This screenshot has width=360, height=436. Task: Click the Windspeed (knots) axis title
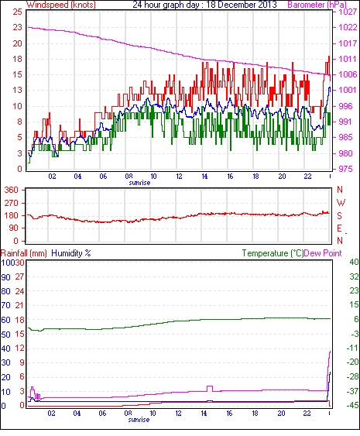(61, 5)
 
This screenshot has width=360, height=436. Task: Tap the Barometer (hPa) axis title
(317, 5)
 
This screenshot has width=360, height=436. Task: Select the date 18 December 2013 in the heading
(242, 5)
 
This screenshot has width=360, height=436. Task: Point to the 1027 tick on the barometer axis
(348, 12)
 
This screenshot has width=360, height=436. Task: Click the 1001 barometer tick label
(348, 90)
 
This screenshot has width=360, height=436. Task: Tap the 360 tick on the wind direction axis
(12, 191)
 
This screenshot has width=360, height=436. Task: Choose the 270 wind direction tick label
(12, 203)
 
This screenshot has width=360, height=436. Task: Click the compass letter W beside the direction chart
(341, 203)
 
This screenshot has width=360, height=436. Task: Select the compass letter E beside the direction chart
(339, 228)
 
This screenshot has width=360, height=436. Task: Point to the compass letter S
(339, 215)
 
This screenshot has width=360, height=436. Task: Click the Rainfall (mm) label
(24, 253)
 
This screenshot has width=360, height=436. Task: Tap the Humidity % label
(71, 253)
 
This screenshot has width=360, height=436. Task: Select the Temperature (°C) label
(273, 253)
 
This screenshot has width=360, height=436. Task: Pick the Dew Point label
(323, 253)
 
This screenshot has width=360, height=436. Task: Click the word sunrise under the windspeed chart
(139, 183)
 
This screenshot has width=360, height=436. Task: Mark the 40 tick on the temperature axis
(354, 262)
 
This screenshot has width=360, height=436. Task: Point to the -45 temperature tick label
(352, 406)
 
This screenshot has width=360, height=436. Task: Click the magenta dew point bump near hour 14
(210, 386)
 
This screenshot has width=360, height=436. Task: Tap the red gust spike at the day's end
(329, 57)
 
